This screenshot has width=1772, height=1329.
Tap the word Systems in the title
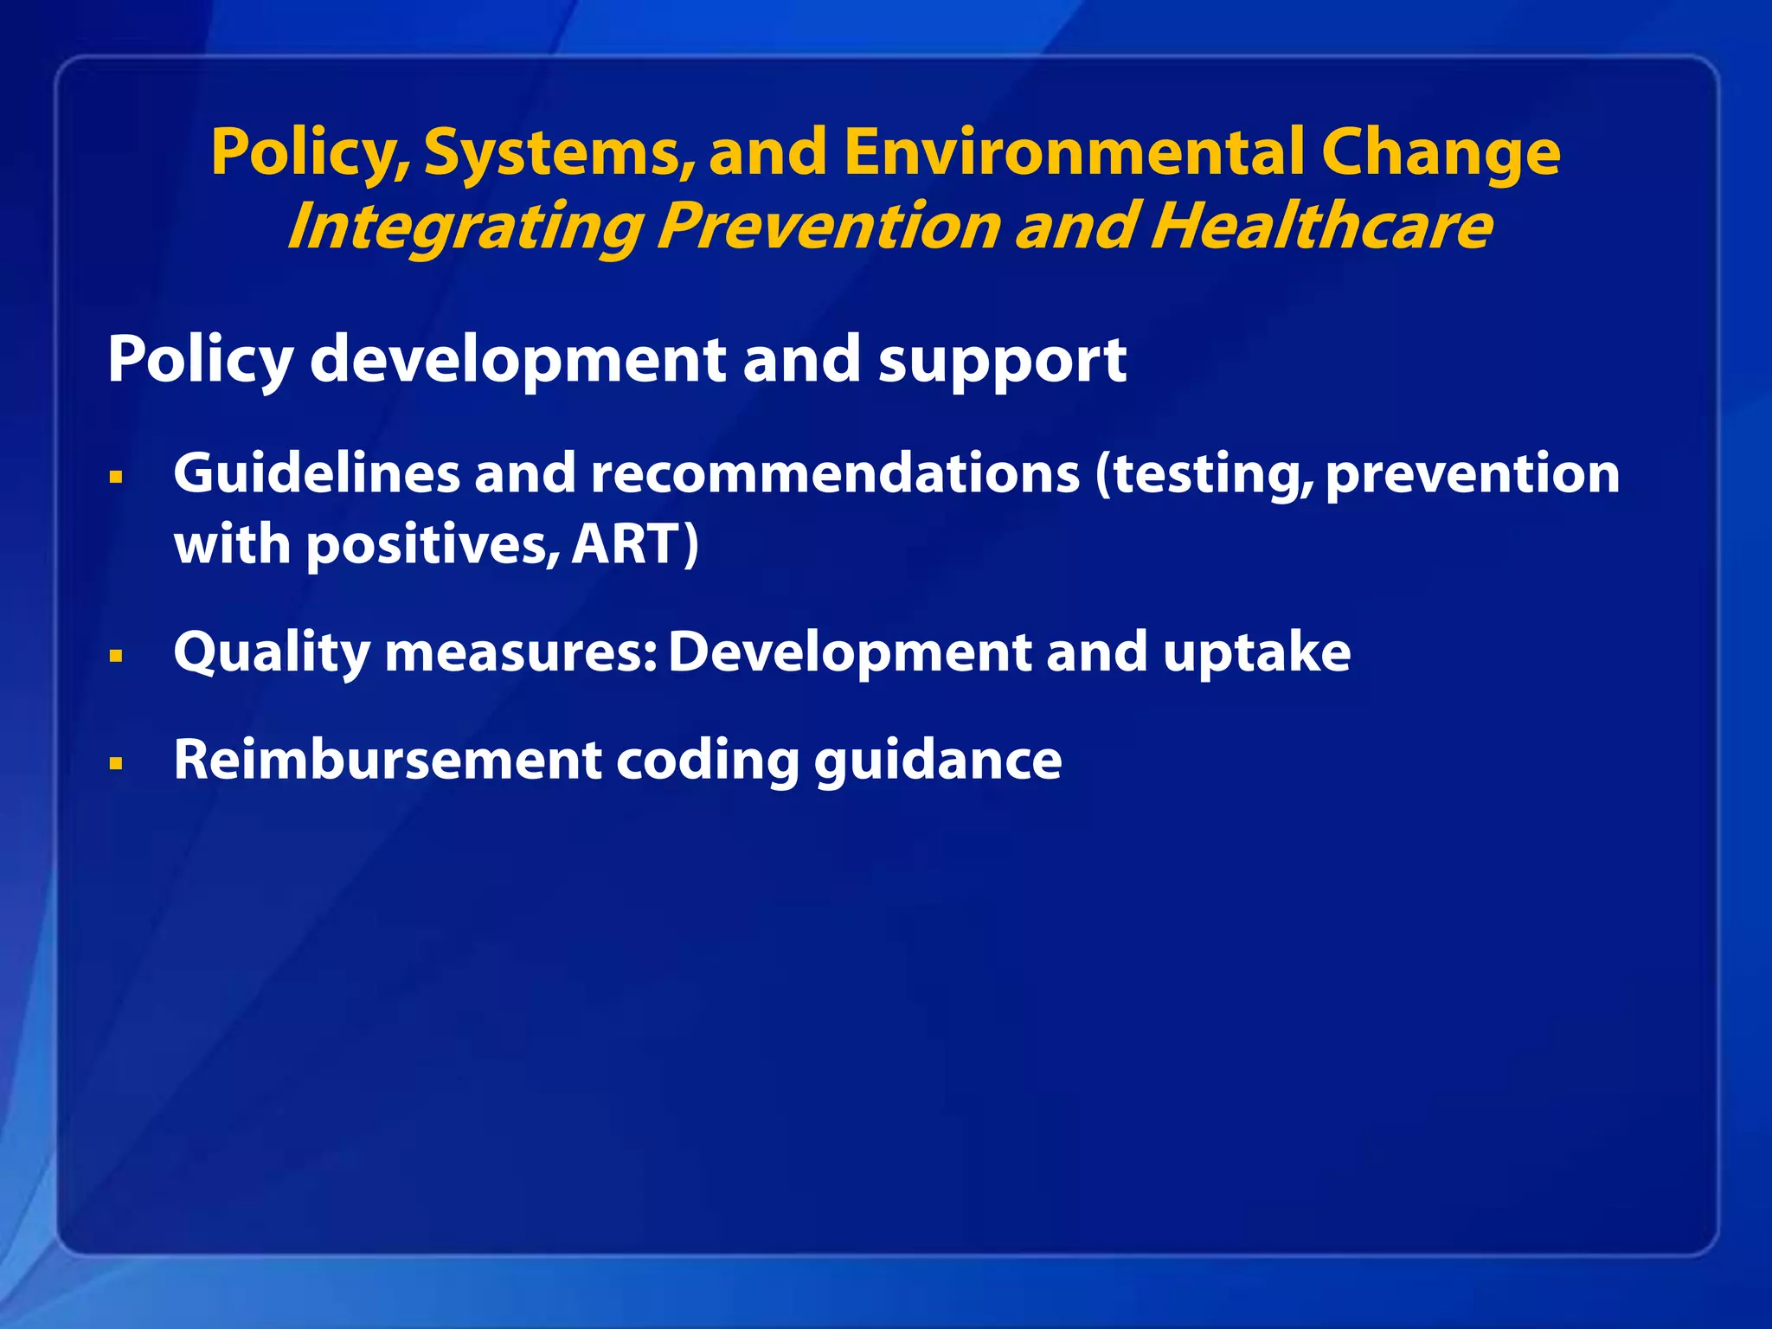(x=560, y=152)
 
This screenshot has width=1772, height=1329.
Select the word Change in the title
(x=1441, y=152)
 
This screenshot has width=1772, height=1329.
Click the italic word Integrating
(x=464, y=227)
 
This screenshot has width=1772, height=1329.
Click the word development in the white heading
(x=517, y=360)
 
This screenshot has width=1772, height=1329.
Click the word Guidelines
(x=316, y=474)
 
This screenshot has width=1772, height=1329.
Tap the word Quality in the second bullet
(x=272, y=654)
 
